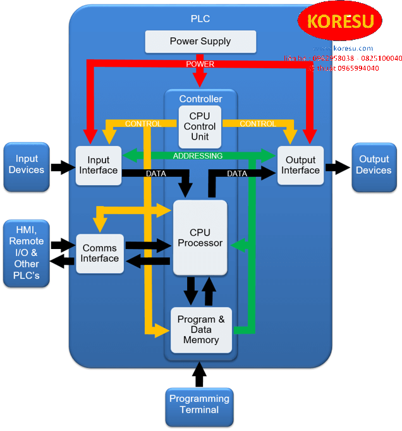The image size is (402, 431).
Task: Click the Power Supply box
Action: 200,42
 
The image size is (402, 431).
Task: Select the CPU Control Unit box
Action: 200,126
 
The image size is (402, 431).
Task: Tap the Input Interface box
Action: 99,166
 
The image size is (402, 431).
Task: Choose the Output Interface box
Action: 300,166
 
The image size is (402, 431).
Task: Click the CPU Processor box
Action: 200,238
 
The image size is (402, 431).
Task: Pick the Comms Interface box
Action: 100,253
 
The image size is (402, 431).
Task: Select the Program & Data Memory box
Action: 201,330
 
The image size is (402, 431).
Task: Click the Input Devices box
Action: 27,166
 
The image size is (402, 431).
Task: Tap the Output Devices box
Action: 374,166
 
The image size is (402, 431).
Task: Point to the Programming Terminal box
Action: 199,404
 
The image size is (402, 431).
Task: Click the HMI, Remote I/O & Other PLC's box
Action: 27,253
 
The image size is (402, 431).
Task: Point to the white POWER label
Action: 200,64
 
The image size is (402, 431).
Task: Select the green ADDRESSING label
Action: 198,155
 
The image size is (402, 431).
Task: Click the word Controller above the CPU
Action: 200,99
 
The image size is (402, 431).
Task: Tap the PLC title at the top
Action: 200,18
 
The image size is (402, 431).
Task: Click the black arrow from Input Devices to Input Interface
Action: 63,167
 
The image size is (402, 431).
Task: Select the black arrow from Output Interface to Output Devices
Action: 338,167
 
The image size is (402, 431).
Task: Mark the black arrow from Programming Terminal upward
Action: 199,375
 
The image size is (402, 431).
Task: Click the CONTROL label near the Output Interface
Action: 258,124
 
